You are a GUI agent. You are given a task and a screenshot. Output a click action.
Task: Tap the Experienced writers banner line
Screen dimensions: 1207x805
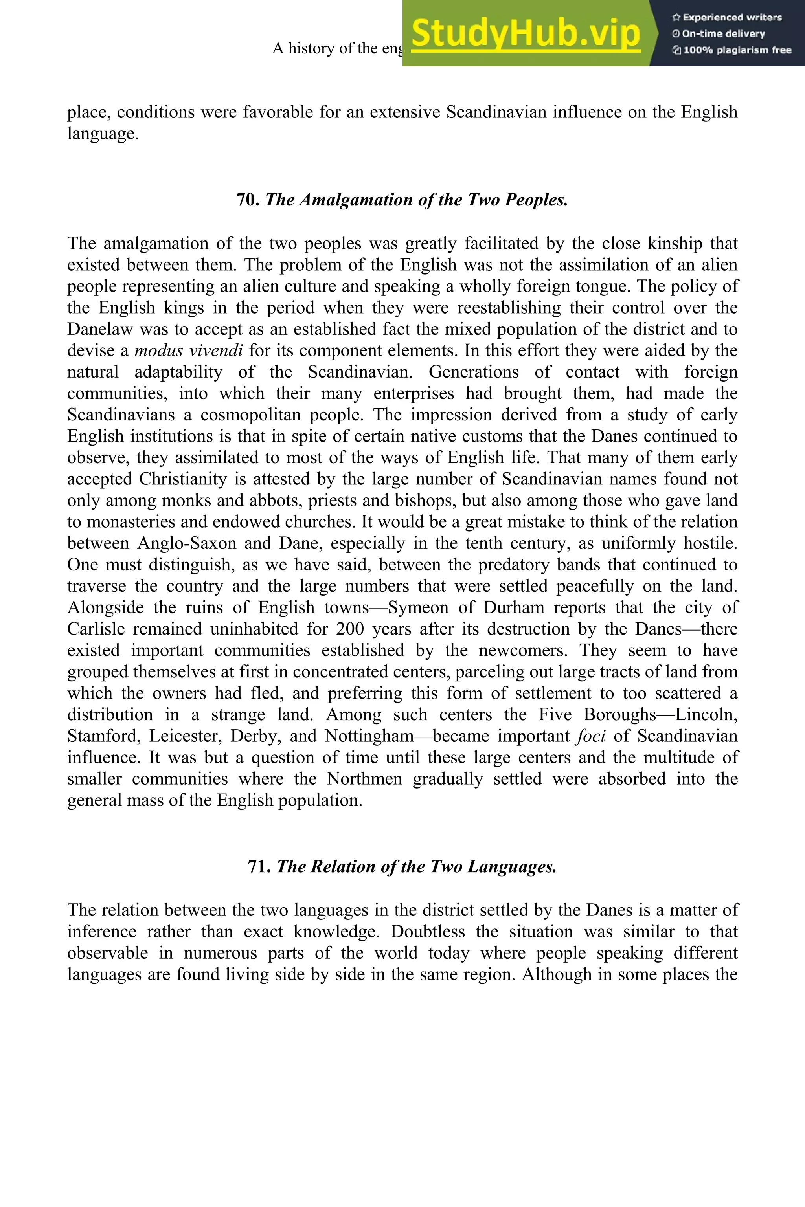(727, 17)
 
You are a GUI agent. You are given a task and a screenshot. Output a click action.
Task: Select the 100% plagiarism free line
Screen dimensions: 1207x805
(731, 50)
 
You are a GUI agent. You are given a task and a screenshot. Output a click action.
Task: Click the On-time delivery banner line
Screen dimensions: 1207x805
(719, 34)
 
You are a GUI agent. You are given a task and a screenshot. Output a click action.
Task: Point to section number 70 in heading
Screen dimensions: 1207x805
(248, 200)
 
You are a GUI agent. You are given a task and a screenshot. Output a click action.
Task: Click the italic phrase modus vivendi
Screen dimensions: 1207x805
(188, 350)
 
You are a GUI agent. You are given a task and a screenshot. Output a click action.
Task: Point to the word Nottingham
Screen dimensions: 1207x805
(369, 736)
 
